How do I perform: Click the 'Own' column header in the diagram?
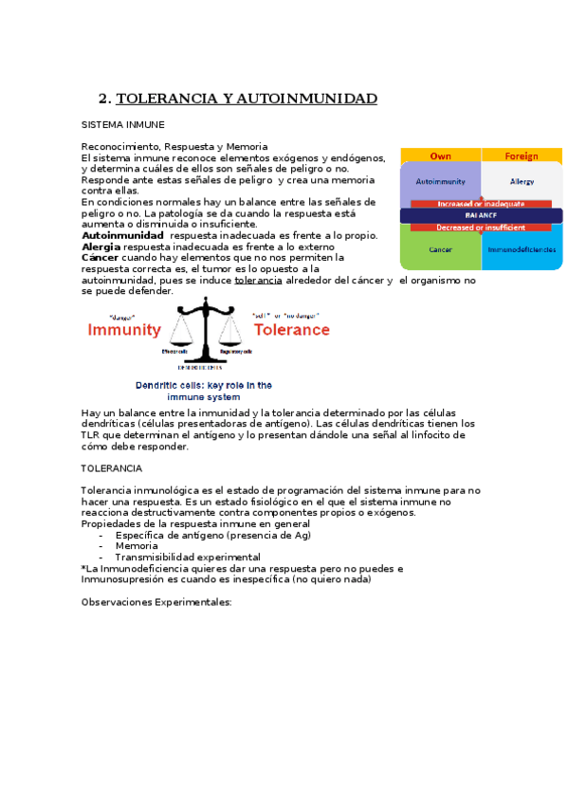tap(440, 155)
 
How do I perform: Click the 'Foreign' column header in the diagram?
tap(522, 155)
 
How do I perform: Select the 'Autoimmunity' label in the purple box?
tap(439, 179)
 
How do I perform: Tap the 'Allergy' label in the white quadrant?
tap(522, 180)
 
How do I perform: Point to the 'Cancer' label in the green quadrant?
tap(440, 249)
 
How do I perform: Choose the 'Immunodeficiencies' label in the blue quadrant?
tap(522, 249)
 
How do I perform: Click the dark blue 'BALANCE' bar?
tap(481, 215)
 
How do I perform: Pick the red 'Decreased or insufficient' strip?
tap(481, 228)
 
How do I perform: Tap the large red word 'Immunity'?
tap(124, 331)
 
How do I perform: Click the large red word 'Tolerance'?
tap(291, 330)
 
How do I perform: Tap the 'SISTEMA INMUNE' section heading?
tap(123, 124)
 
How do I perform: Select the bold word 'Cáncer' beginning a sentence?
tap(101, 257)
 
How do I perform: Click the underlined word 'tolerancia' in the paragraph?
tap(258, 281)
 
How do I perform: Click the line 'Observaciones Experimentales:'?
tap(156, 602)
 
